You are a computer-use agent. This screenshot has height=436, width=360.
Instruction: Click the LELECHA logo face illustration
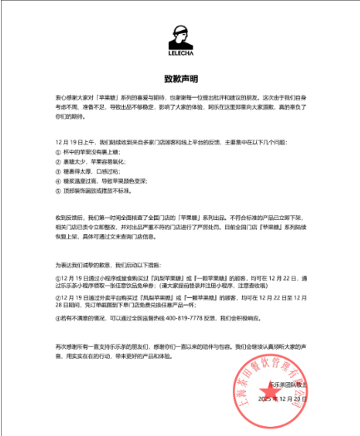pyautogui.click(x=180, y=37)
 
